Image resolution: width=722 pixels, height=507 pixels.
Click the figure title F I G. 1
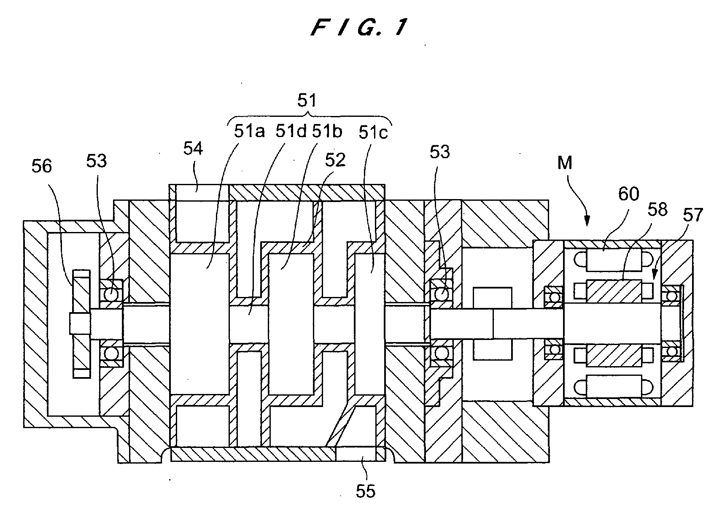coord(359,28)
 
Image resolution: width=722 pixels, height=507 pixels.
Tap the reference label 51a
coord(249,131)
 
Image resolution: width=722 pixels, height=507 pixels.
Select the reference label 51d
coord(291,131)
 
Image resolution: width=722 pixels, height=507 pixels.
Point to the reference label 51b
coord(327,131)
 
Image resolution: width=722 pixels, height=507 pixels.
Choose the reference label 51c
coord(373,132)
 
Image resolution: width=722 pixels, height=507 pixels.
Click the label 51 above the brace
coord(307,100)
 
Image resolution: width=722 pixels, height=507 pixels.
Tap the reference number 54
coord(193,148)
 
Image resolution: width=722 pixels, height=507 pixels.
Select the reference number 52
coord(335,160)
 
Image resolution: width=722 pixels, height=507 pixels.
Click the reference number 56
coord(42,166)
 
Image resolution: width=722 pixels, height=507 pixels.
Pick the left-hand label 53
coord(97,161)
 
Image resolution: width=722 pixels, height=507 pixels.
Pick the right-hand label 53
coord(439,152)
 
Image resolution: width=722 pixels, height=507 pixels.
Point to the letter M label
coord(565,163)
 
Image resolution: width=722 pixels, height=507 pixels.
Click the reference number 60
coord(628,194)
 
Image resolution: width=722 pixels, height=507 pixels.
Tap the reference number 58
coord(657,210)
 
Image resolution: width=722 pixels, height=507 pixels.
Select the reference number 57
coord(692,215)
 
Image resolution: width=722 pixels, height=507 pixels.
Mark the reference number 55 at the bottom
coord(366,491)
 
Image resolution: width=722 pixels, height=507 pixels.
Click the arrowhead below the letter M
coord(587,221)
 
